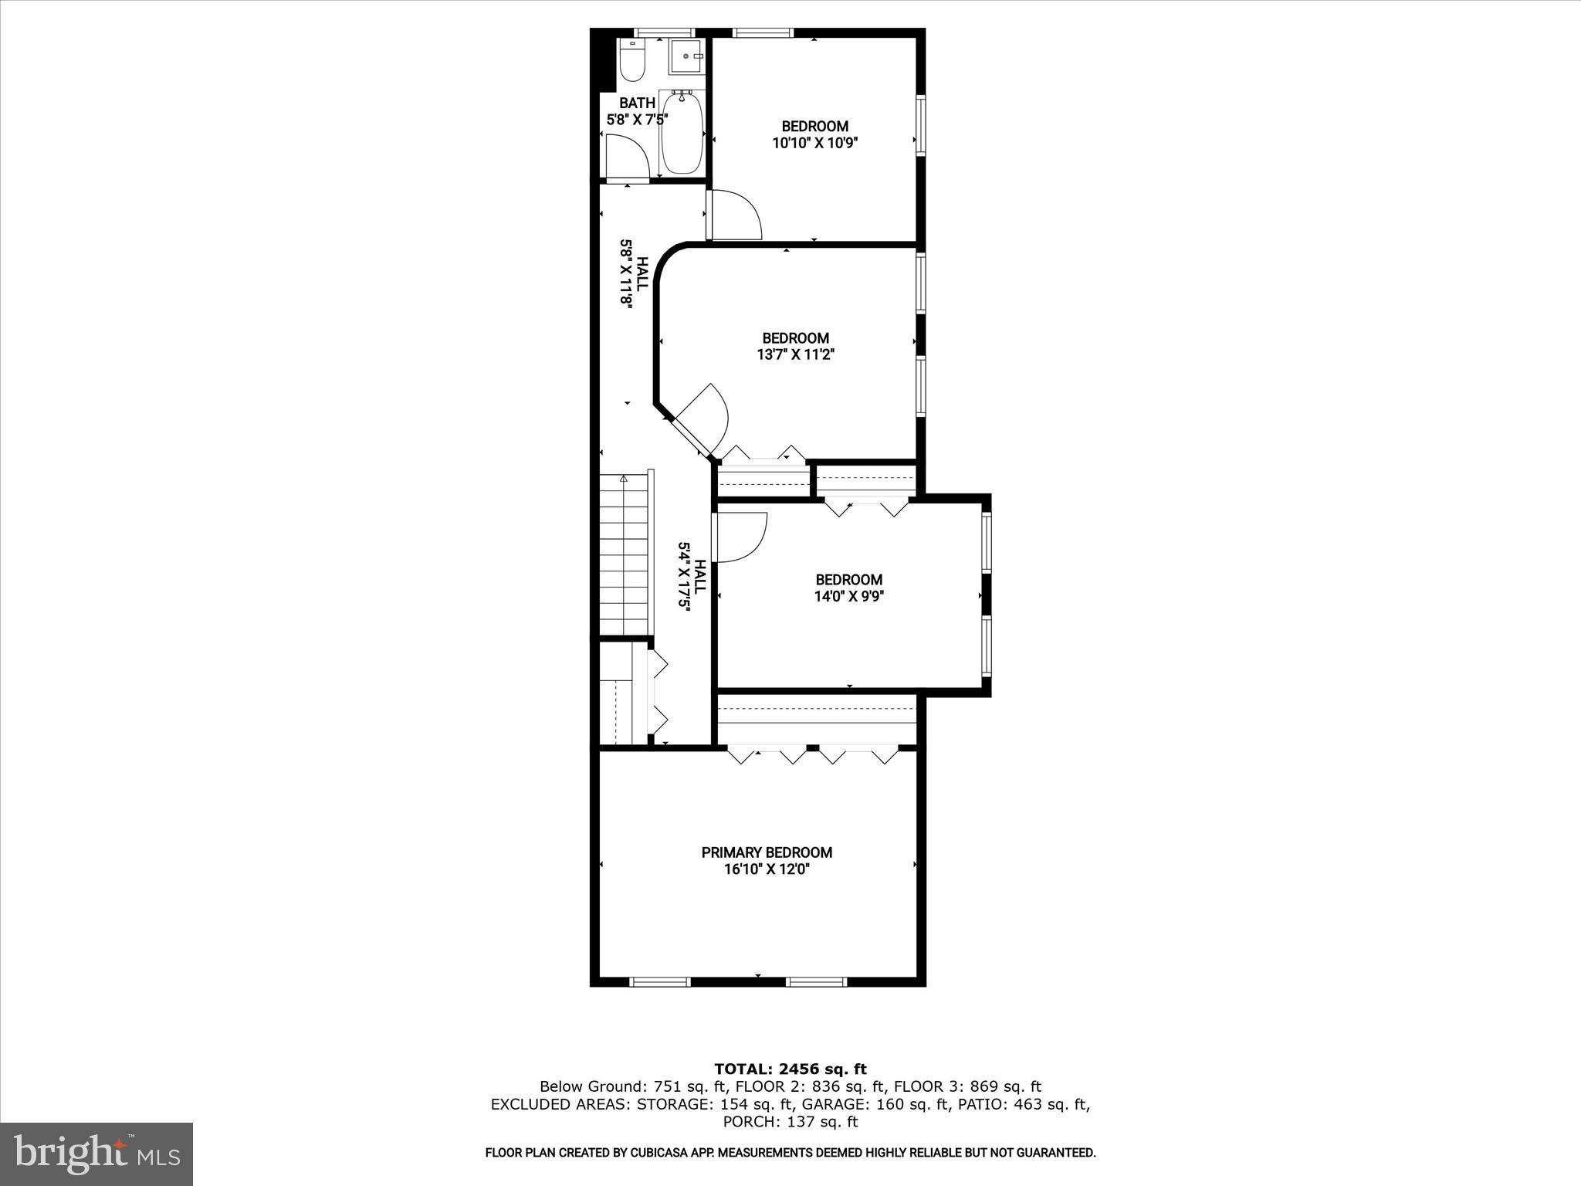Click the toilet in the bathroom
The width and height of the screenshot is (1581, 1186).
point(631,62)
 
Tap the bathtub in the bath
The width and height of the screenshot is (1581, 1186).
point(682,132)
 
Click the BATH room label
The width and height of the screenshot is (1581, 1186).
point(637,103)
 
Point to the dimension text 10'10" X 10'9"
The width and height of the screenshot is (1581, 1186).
point(815,143)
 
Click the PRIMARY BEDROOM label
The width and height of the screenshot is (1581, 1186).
point(767,852)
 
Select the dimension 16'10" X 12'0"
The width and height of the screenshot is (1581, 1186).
point(767,869)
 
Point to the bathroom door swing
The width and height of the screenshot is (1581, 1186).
point(627,157)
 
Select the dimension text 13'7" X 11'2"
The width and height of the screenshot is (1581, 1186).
point(795,355)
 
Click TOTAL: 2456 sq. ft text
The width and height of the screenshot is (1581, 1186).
point(790,1069)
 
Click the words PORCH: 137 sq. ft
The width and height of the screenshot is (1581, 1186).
point(790,1122)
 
